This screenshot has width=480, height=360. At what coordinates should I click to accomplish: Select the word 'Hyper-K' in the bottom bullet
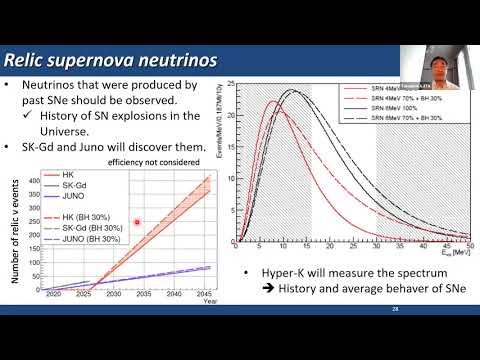[x=278, y=273]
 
